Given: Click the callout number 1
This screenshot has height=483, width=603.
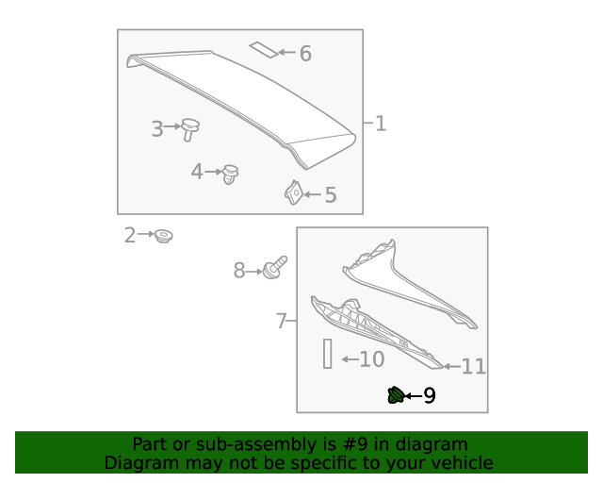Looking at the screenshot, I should (381, 124).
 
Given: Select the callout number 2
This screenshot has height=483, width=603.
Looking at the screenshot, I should (130, 236).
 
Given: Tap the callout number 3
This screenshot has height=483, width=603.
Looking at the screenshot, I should (157, 129).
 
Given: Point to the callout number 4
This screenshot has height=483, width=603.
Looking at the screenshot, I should (197, 172).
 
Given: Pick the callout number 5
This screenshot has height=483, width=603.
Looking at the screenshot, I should (330, 195).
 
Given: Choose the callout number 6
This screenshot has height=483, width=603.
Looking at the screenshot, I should (305, 54).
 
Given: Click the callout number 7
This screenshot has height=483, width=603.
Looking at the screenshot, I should (281, 322).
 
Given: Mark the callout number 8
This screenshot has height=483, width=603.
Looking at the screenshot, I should (239, 272).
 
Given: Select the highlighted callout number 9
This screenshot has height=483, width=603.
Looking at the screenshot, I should (430, 396).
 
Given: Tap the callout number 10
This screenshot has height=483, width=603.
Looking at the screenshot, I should (372, 359).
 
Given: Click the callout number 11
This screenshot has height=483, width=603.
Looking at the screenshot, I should (473, 367).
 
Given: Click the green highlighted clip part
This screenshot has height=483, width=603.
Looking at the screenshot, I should (396, 395).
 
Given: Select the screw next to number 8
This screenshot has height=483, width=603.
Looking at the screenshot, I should (275, 270).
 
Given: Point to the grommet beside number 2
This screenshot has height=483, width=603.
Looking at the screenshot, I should (164, 236).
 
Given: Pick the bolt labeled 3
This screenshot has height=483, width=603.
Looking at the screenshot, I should (190, 128).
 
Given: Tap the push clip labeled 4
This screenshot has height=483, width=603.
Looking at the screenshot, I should (231, 174).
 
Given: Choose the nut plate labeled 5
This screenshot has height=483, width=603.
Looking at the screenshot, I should (293, 193).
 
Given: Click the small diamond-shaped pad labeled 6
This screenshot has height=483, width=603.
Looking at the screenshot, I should (263, 49).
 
